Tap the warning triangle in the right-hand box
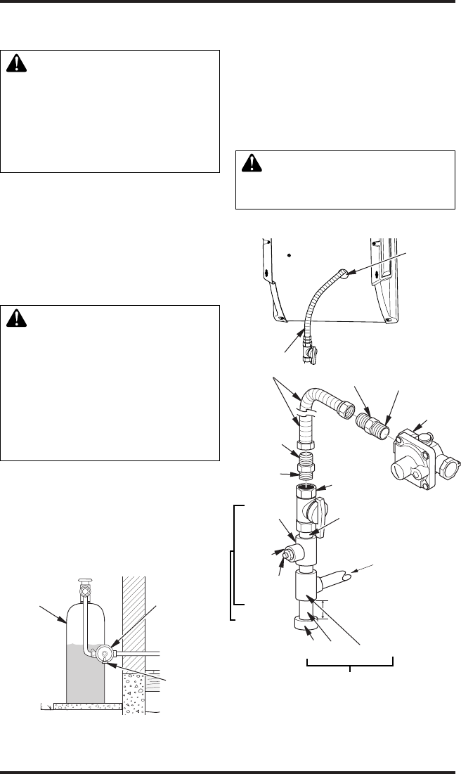(251, 164)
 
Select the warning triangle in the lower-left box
(15, 318)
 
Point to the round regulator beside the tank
(103, 652)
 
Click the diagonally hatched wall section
(134, 619)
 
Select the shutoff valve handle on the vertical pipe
(319, 509)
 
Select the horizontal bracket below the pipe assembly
(350, 661)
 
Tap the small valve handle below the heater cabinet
(313, 361)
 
